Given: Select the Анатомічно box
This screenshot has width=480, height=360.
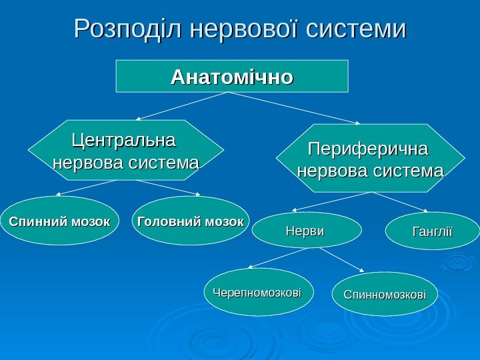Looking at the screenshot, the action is (x=232, y=76).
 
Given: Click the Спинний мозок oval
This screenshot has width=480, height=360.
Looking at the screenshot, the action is (x=60, y=221).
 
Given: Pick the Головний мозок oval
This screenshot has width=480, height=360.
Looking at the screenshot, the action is (x=191, y=221).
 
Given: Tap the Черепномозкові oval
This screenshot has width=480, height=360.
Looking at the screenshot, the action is (x=258, y=292).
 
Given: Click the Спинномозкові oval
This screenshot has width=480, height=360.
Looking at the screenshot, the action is (x=384, y=294).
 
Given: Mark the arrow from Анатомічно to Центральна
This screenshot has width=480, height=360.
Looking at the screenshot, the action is (x=180, y=107).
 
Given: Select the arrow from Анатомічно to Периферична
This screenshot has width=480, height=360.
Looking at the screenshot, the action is (x=293, y=108).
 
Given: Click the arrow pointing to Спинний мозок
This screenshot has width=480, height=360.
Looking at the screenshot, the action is (x=87, y=188).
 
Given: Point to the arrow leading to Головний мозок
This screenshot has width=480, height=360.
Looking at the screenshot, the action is (x=160, y=187).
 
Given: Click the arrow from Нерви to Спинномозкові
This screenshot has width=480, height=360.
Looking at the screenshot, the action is (x=341, y=260).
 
